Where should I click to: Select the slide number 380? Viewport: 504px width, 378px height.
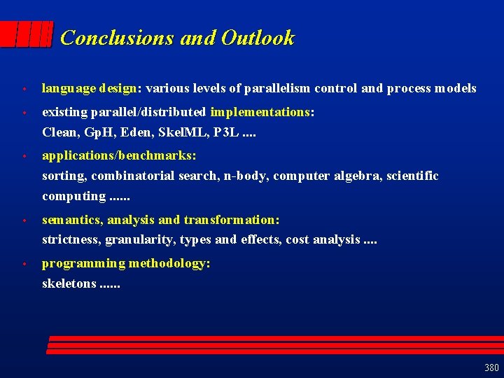pos(491,367)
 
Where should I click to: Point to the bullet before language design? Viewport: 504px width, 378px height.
pos(24,90)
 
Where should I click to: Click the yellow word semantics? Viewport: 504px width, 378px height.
pos(72,220)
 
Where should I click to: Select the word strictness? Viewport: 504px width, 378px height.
pos(71,240)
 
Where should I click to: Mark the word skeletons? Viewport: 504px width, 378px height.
pos(69,283)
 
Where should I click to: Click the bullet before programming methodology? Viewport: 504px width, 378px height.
pos(24,265)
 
